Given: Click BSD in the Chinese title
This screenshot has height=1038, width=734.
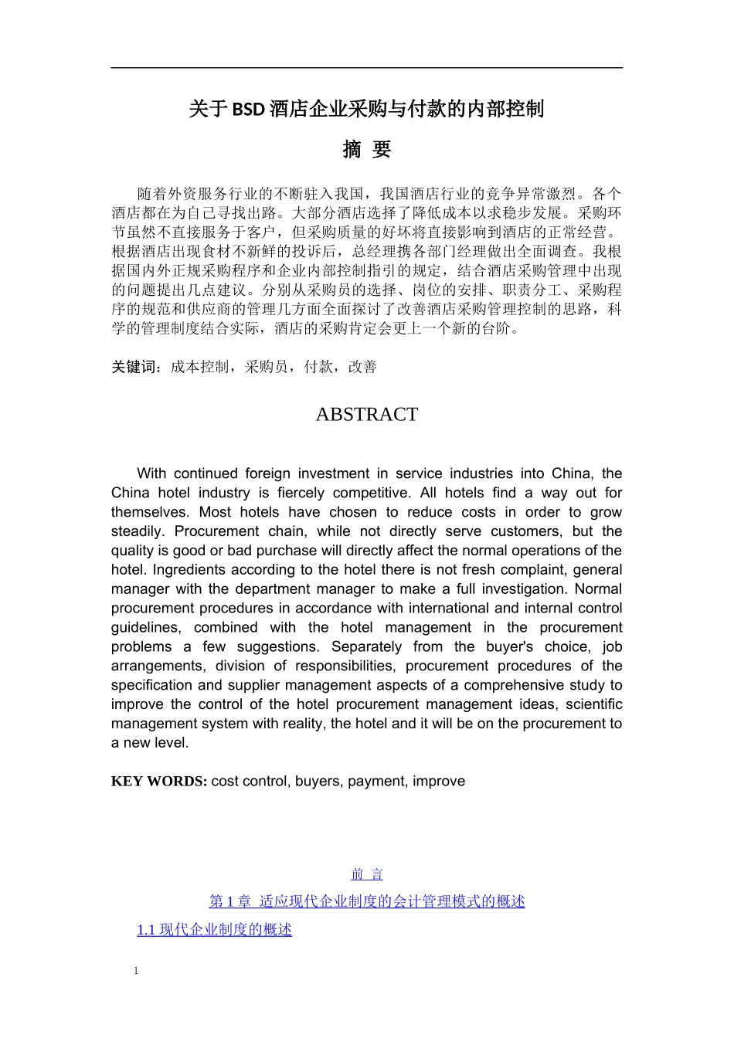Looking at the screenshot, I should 249,110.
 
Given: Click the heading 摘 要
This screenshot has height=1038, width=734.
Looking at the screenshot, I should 367,150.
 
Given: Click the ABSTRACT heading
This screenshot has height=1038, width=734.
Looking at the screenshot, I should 366,415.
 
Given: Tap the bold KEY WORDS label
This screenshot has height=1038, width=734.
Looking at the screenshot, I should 158,782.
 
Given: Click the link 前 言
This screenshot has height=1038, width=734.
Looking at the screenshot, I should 367,874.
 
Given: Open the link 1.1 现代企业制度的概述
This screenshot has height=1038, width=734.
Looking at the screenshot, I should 214,930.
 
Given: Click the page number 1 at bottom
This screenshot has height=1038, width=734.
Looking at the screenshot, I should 136,971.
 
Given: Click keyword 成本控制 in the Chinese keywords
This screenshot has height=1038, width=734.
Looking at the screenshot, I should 199,368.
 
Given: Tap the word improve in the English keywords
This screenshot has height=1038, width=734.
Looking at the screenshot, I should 439,782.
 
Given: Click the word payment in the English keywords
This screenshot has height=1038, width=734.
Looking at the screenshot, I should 376,782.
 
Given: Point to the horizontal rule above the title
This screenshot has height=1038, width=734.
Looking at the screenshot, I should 367,68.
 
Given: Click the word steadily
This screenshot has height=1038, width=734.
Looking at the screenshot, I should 138,531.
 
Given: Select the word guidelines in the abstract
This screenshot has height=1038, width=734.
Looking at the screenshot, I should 146,628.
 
